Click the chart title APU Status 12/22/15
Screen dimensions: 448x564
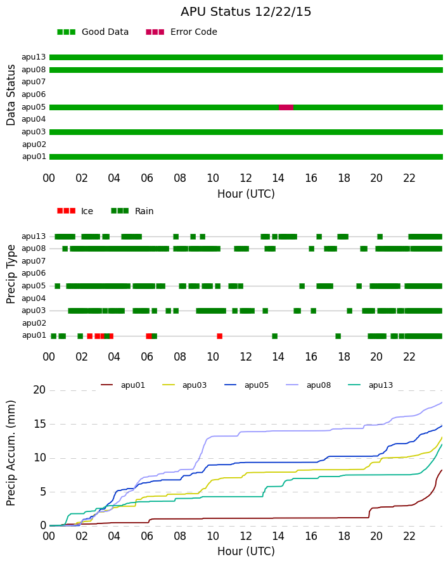pos(246,12)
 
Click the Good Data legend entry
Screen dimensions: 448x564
pos(93,32)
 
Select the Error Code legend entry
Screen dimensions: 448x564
pos(182,32)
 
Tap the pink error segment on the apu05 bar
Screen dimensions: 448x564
pos(286,107)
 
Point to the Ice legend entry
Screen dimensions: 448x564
pos(75,211)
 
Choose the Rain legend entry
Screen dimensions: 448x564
pos(132,211)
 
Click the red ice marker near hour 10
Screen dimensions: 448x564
pos(220,336)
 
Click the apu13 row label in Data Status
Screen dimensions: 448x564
pos(34,57)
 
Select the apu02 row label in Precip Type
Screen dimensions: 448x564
pos(34,323)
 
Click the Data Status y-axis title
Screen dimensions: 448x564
pos(11,95)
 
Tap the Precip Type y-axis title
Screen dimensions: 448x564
pos(11,274)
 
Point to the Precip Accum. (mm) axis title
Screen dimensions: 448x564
pos(11,453)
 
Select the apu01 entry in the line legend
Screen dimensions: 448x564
pos(123,385)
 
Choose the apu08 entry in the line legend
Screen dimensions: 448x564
pos(309,385)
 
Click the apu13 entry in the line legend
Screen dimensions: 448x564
pos(371,385)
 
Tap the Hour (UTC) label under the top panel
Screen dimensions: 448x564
pos(246,194)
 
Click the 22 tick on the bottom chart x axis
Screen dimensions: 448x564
pos(409,536)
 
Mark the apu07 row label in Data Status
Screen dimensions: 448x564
pos(34,82)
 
